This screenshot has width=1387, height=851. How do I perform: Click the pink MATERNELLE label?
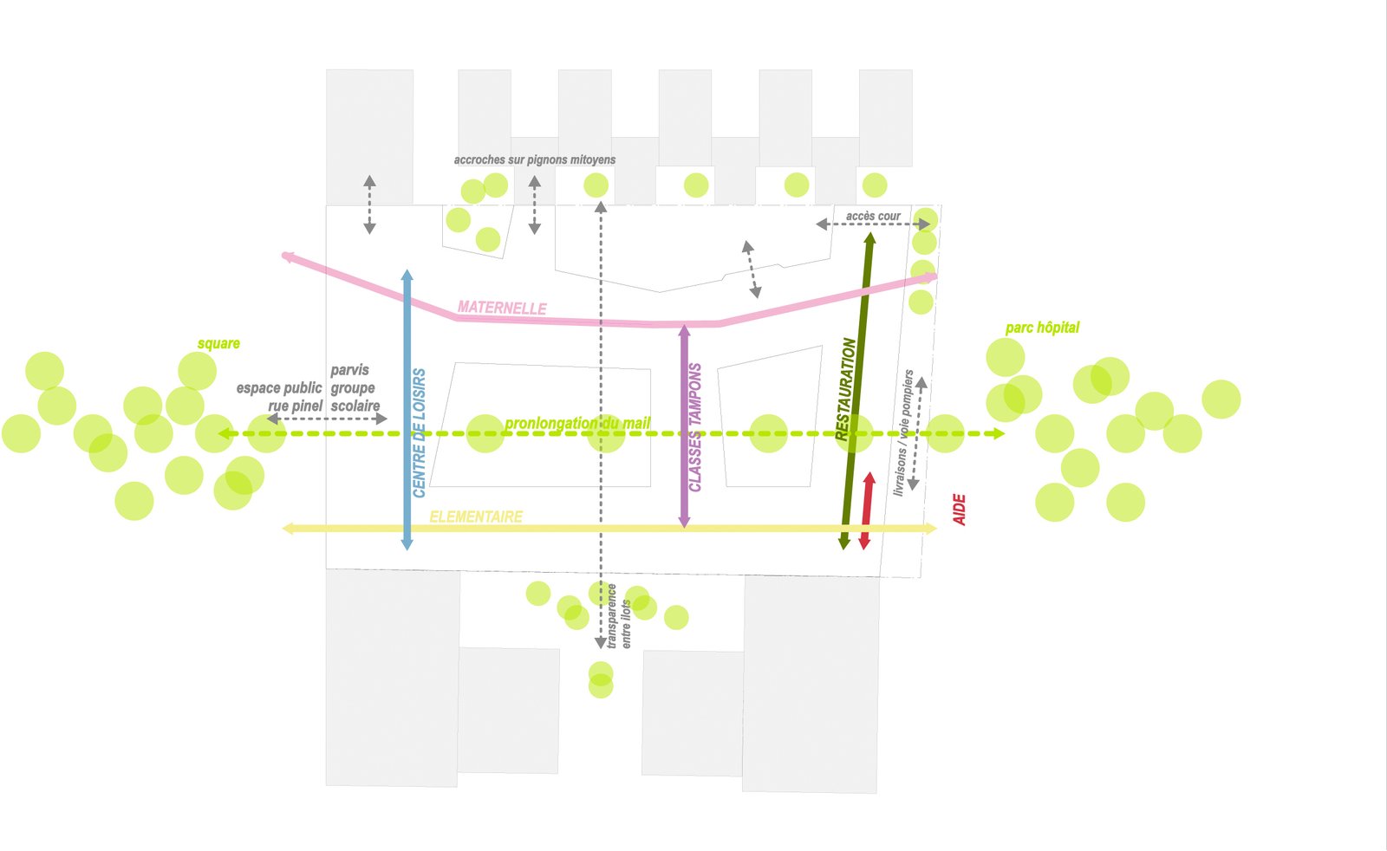pos(502,308)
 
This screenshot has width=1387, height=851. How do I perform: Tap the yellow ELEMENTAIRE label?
pos(476,517)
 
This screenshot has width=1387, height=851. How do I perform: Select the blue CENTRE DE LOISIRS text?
pos(420,433)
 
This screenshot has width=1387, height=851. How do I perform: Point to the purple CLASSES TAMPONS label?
pos(695,427)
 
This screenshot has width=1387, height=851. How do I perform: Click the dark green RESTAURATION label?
pos(846,389)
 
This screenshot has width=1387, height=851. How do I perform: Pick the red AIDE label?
pos(960,510)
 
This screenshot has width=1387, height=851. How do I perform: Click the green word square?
pos(218,344)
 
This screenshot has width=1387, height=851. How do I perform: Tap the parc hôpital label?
pos(1042,328)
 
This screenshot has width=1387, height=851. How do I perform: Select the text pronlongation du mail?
pos(577,423)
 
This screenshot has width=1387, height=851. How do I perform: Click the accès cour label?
pos(873,216)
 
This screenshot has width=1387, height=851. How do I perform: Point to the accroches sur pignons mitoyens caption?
pos(535,159)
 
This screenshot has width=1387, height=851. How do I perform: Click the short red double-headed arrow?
pos(866,511)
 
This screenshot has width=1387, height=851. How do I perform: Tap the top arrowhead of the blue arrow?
pos(407,275)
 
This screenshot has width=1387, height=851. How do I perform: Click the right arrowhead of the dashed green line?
pos(999,433)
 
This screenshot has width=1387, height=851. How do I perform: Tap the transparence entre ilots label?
pos(619,616)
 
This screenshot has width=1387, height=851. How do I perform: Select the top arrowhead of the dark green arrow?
pos(870,237)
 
